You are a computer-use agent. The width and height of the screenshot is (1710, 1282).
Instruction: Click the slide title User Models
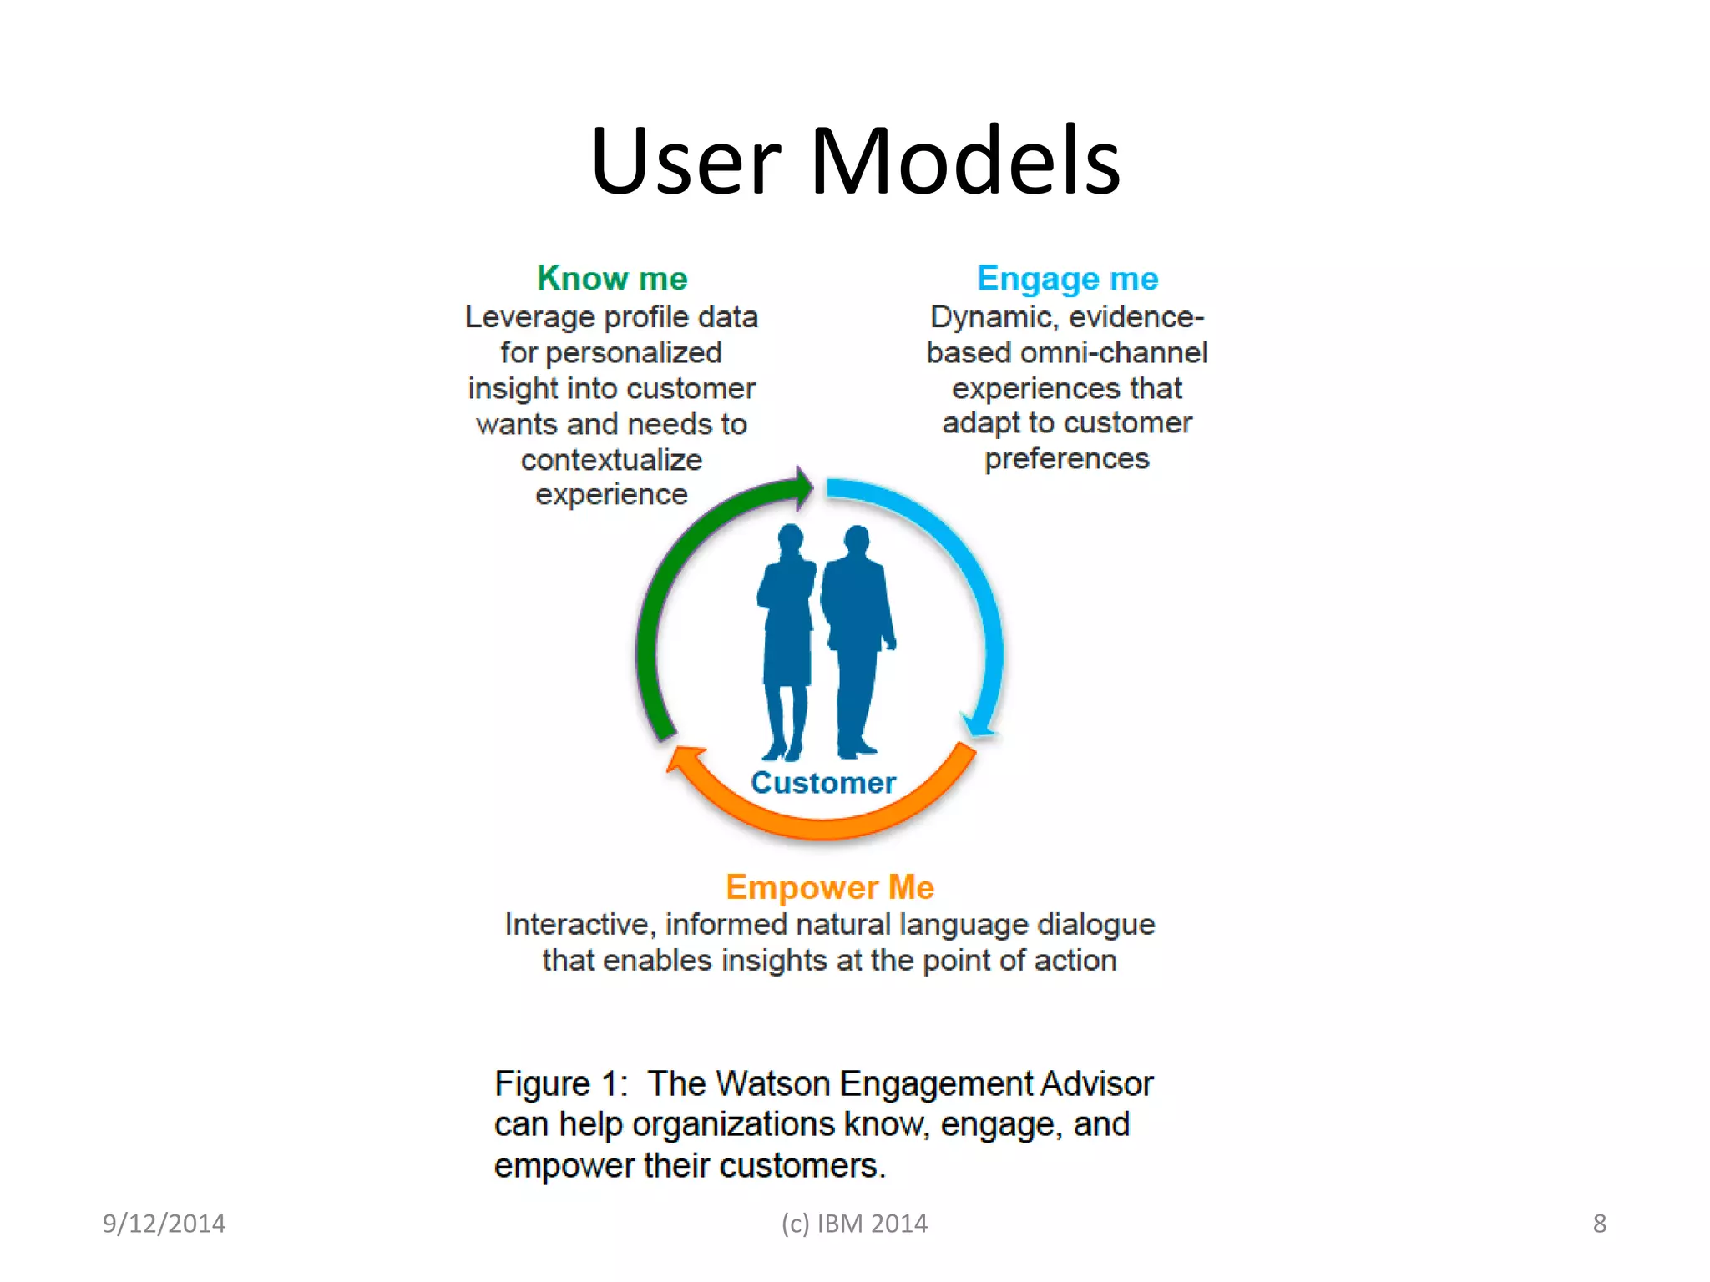[855, 160]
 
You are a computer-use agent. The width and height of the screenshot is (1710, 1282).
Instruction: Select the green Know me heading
[612, 278]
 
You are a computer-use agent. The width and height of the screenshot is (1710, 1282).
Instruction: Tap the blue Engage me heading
[1067, 278]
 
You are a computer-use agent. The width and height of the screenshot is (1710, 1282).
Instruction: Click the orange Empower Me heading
[829, 886]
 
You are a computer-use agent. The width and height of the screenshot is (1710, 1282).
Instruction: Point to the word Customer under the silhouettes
[823, 783]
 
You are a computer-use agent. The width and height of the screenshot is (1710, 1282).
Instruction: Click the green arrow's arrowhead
[802, 487]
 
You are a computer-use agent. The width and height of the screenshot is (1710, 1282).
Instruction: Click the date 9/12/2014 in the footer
[164, 1224]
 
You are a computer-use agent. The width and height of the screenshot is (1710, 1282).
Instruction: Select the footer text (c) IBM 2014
[854, 1224]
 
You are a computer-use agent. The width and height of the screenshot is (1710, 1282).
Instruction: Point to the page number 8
[1599, 1224]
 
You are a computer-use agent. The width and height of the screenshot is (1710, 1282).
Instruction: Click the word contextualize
[611, 460]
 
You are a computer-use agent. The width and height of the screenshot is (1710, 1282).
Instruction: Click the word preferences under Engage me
[1066, 459]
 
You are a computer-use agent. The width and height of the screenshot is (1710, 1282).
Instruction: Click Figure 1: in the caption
[560, 1083]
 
